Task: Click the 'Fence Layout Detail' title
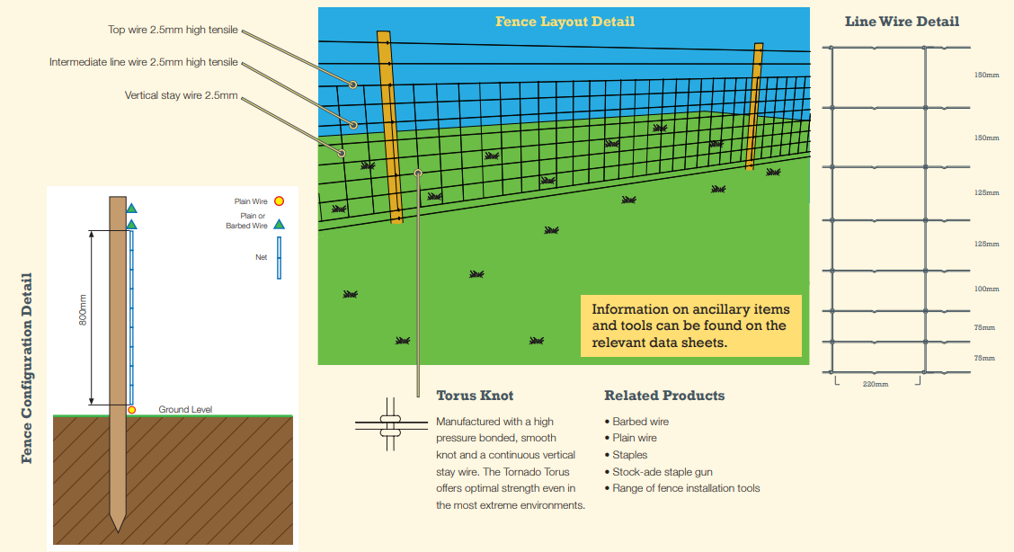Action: click(x=565, y=22)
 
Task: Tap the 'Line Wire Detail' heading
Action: click(x=902, y=22)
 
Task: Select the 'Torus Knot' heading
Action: click(x=475, y=396)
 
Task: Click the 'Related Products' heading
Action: click(x=664, y=396)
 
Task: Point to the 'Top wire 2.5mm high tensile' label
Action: click(x=173, y=30)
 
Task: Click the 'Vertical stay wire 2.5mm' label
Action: click(x=181, y=95)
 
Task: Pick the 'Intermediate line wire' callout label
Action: click(x=144, y=62)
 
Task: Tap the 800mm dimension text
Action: click(x=83, y=309)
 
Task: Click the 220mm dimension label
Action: click(x=875, y=384)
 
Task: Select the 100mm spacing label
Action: click(x=986, y=289)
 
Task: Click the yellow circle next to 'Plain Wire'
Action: click(x=279, y=201)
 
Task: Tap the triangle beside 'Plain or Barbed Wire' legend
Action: click(x=279, y=224)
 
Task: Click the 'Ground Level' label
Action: click(x=185, y=410)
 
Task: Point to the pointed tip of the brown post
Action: click(x=118, y=531)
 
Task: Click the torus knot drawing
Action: click(x=390, y=424)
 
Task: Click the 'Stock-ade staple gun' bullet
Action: click(x=658, y=472)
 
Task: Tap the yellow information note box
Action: click(x=690, y=325)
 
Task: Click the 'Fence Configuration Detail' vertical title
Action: click(x=26, y=368)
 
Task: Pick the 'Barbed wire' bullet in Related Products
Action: click(x=636, y=422)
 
